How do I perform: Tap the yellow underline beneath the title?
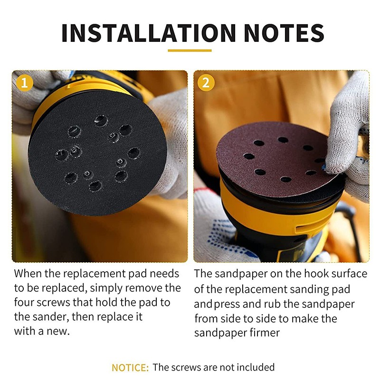pyautogui.click(x=190, y=50)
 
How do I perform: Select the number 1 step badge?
pyautogui.click(x=24, y=82)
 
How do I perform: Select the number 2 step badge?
pyautogui.click(x=206, y=82)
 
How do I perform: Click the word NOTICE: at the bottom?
pyautogui.click(x=130, y=367)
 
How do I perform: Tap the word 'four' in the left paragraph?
pyautogui.click(x=23, y=303)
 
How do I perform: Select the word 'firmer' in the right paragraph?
pyautogui.click(x=262, y=332)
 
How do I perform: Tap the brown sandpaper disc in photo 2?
pyautogui.click(x=271, y=161)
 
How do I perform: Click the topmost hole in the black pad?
pyautogui.click(x=101, y=120)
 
